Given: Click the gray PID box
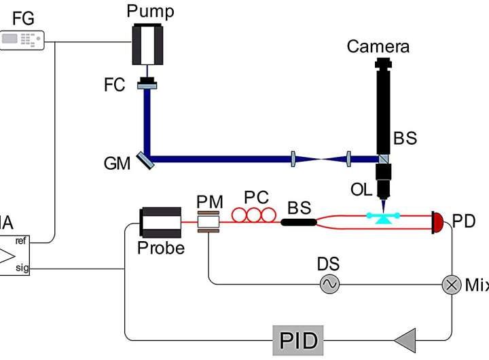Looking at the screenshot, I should coord(299,338).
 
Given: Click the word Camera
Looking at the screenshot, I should coord(378,46).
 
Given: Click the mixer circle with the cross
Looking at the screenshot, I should coord(451,284).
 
